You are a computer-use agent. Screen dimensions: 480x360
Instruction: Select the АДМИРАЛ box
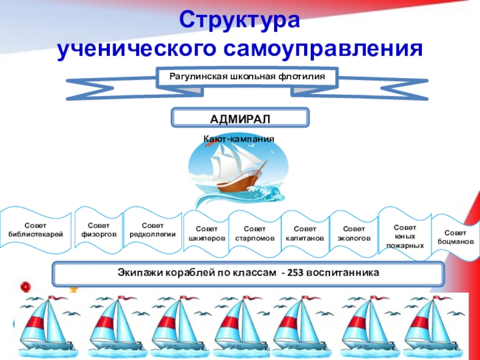tap(240, 117)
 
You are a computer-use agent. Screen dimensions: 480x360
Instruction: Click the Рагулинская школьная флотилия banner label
tap(247, 77)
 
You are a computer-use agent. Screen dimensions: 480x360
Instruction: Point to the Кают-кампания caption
tap(239, 139)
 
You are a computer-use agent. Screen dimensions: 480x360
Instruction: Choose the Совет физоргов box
tap(98, 229)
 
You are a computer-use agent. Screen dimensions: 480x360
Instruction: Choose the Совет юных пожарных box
tap(404, 236)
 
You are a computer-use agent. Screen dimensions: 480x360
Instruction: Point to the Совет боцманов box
tap(455, 236)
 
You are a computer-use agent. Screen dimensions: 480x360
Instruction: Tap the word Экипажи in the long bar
tap(140, 272)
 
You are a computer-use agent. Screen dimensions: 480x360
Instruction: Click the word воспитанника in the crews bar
tap(343, 272)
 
